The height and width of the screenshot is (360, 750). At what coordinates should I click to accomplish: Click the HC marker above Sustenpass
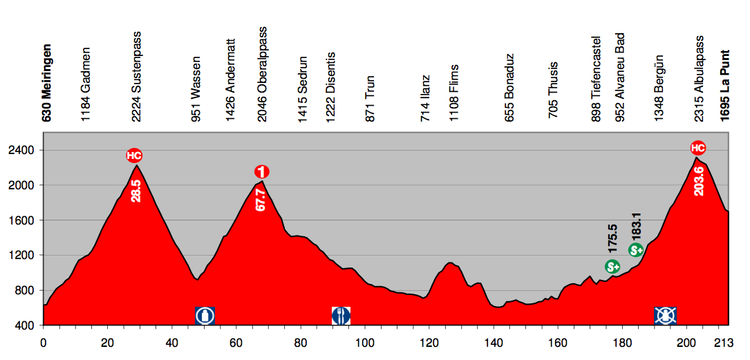(135, 155)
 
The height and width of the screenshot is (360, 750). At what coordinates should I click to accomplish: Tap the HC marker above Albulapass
(698, 147)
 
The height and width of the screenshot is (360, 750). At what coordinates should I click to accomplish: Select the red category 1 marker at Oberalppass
(261, 171)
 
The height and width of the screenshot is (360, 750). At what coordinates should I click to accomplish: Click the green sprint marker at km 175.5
(612, 266)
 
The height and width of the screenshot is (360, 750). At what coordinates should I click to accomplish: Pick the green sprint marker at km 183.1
(636, 249)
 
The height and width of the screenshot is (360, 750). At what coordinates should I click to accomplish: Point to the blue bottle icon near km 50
(205, 316)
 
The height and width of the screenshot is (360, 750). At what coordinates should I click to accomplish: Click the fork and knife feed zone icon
(341, 316)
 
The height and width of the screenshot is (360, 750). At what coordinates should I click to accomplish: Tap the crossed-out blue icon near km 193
(665, 316)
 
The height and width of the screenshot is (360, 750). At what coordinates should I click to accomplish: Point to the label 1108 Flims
(453, 96)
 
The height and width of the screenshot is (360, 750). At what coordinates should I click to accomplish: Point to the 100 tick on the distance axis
(365, 342)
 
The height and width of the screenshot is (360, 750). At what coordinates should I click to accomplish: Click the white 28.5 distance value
(136, 191)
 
